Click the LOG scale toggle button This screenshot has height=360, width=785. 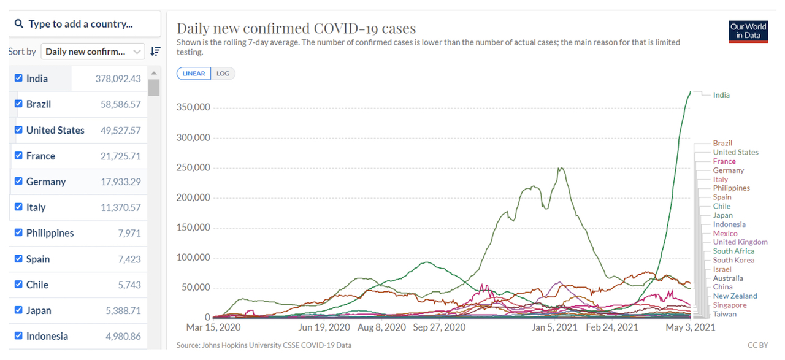pos(223,74)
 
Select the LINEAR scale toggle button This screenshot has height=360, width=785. pos(194,74)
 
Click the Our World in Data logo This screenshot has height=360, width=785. pos(748,31)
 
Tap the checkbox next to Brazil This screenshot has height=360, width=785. pos(18,104)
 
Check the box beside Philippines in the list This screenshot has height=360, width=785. pos(18,233)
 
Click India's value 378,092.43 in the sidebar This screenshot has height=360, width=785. pos(118,79)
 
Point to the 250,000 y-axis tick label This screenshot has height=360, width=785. pos(194,167)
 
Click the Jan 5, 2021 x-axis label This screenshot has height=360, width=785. pos(555,327)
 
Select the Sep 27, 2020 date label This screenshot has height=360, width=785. pos(438,327)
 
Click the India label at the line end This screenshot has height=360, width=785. pos(721,95)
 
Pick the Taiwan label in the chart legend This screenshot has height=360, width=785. pos(724,314)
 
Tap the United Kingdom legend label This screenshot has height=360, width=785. pos(740,242)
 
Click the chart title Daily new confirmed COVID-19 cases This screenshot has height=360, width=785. pos(296,28)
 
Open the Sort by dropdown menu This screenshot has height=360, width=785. pos(93,52)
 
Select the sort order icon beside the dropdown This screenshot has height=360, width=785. pos(156,52)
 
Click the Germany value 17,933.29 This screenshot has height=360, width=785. pos(120,182)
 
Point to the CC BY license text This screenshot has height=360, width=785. pos(757,345)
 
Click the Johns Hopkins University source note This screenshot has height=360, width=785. pos(264,345)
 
